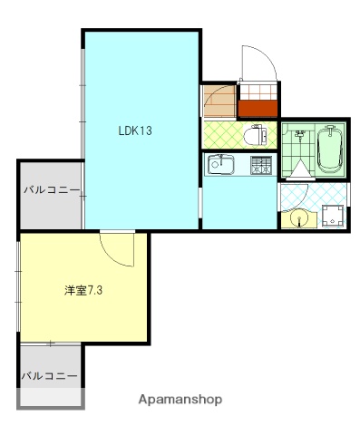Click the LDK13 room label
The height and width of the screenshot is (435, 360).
[x=134, y=130]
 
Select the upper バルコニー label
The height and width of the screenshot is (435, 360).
[x=51, y=190]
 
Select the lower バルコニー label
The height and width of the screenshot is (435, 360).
[x=50, y=374]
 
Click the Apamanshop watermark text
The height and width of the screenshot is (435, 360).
[x=180, y=399]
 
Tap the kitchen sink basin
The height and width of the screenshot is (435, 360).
[x=219, y=165]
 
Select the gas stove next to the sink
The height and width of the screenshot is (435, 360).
[x=260, y=165]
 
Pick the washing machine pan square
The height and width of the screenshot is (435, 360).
[x=332, y=216]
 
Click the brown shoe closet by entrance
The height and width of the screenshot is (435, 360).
[x=218, y=100]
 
